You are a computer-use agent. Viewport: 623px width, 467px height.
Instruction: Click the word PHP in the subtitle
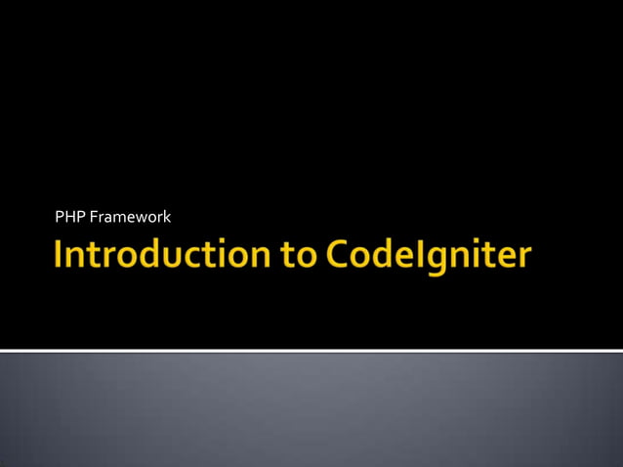tap(69, 216)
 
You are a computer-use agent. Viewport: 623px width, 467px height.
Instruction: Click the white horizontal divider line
tap(311, 350)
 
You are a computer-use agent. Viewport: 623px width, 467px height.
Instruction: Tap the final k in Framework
tap(167, 216)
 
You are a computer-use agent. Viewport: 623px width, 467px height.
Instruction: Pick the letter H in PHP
tap(69, 216)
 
